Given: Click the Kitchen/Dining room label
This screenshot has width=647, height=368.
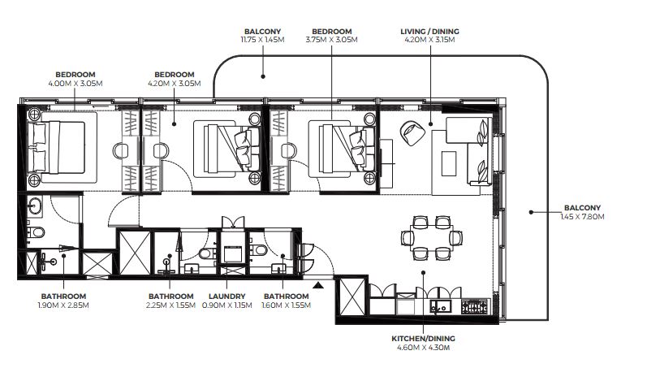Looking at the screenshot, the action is point(423,338).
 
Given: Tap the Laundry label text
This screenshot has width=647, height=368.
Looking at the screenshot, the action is point(227,297).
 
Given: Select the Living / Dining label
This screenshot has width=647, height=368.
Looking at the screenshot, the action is point(429,32).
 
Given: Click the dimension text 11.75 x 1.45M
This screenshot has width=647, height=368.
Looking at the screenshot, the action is point(262,40).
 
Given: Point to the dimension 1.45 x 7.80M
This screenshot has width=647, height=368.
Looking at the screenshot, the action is point(582,216).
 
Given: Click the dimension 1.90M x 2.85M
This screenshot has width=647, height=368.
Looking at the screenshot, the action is point(63,305).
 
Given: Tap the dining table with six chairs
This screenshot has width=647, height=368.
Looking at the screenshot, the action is point(432,238).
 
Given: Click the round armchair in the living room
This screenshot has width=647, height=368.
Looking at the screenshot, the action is point(412,132).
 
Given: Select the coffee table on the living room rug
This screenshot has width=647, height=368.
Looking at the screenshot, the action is point(449,163).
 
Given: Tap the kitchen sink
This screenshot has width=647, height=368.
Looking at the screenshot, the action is point(440,307).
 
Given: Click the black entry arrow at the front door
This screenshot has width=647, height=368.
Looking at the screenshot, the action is point(317,285).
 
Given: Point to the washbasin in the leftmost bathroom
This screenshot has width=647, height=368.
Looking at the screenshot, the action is point(34,206).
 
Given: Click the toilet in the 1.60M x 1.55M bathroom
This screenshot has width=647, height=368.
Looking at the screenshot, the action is point(259,250).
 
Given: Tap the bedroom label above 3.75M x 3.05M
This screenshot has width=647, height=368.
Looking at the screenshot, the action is point(332,32).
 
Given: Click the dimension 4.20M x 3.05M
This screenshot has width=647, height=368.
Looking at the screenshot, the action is point(174,84).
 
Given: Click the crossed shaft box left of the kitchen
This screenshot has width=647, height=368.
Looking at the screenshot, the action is point(352,297).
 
